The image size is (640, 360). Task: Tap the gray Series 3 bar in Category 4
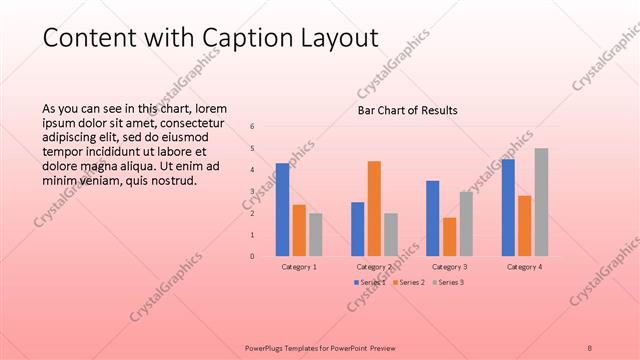click(x=541, y=202)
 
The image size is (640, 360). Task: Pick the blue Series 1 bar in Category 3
click(x=432, y=218)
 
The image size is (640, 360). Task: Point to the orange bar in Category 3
click(x=449, y=237)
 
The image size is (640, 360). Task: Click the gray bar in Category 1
click(x=316, y=234)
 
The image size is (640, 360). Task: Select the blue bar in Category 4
click(x=508, y=207)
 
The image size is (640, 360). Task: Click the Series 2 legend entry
click(x=410, y=283)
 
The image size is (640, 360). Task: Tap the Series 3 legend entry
click(x=450, y=283)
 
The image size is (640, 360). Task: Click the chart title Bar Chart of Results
click(x=408, y=110)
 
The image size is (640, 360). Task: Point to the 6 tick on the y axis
click(x=252, y=126)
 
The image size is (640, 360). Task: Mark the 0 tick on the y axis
click(x=252, y=256)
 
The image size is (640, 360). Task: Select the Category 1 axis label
click(x=299, y=267)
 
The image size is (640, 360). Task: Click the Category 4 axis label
click(x=524, y=267)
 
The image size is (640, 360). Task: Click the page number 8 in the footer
click(x=590, y=347)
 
